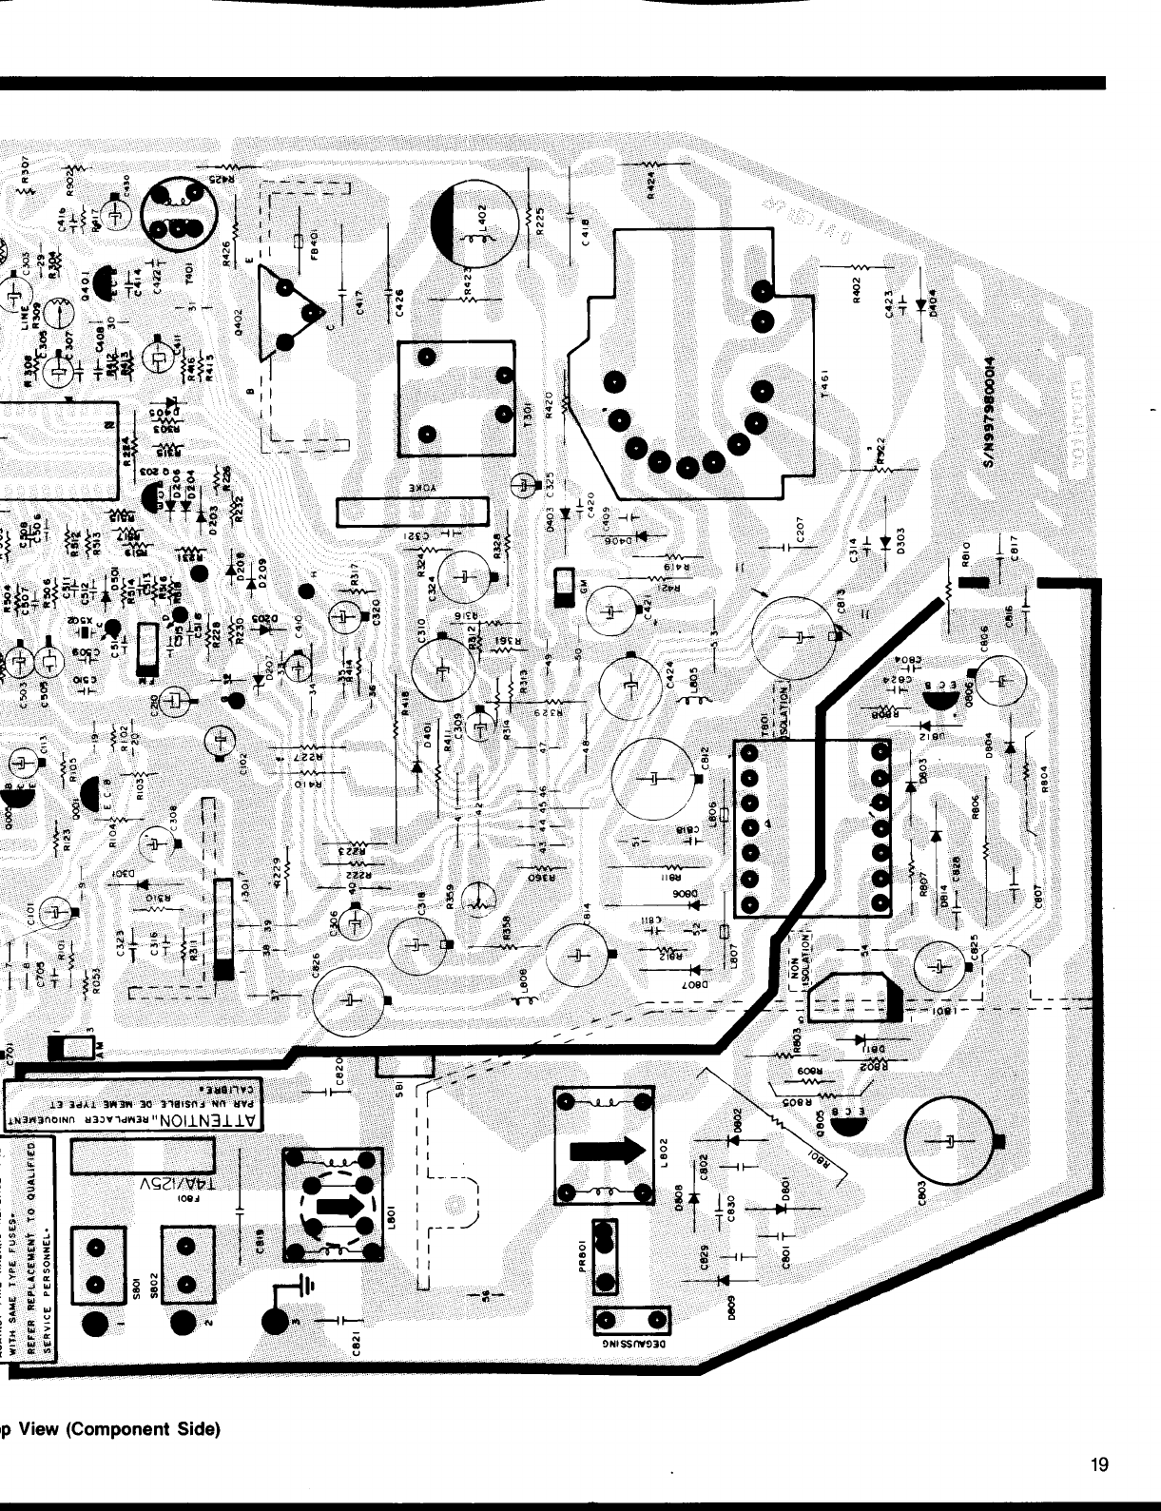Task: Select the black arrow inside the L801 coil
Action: coord(335,1206)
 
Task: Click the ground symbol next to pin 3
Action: coord(306,1287)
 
